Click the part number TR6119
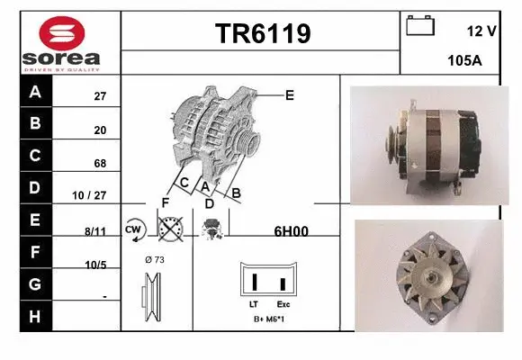262,33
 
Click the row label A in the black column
35,92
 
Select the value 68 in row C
100,163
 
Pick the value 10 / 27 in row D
94,195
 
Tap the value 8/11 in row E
94,230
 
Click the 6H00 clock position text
291,230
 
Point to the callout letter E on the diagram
289,94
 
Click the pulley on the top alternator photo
393,137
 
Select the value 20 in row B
100,130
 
